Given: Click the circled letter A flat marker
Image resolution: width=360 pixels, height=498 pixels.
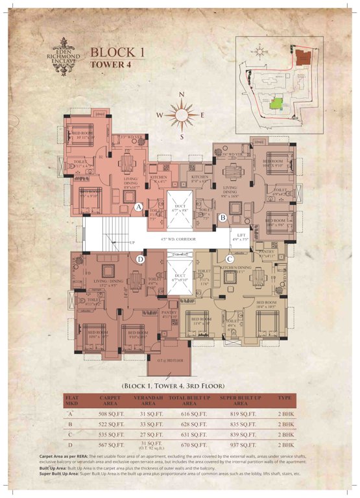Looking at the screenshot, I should click(x=139, y=207).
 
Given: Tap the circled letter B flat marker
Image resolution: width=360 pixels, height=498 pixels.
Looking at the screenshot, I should click(x=222, y=218).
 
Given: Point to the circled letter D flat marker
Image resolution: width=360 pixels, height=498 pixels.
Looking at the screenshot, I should click(x=141, y=260).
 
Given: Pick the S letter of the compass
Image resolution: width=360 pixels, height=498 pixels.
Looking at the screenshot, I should click(x=182, y=137).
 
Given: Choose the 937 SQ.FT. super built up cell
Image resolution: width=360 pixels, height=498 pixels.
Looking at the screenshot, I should click(x=240, y=445).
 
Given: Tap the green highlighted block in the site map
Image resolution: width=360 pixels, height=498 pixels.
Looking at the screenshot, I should click(x=277, y=102).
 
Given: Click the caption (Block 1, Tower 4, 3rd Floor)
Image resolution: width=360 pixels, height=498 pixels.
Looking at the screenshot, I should click(x=180, y=384).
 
